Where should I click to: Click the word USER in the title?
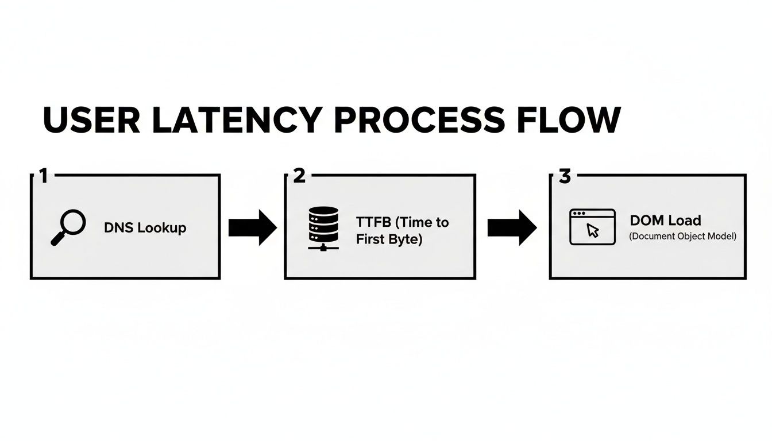(x=92, y=119)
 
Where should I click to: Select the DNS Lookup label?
(x=145, y=228)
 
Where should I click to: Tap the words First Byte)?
(x=389, y=239)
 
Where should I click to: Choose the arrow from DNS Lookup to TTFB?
(x=252, y=228)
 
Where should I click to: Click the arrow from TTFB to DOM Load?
(x=511, y=228)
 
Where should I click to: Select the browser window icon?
(x=592, y=227)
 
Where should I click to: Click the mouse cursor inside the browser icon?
(x=593, y=231)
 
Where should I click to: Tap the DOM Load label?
(x=665, y=220)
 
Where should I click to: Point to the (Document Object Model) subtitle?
(x=682, y=236)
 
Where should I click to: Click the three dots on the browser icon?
(x=579, y=214)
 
